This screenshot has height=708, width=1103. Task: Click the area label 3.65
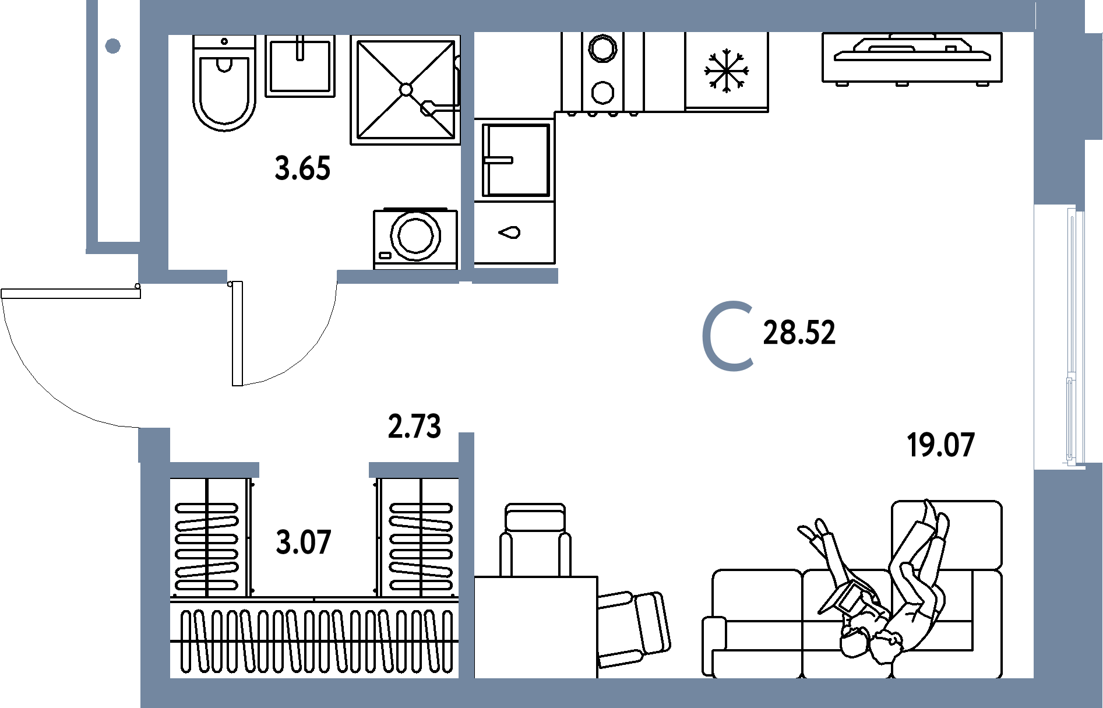[x=302, y=170]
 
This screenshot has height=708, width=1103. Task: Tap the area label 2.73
[x=414, y=427]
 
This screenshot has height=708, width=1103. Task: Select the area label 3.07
[x=303, y=543]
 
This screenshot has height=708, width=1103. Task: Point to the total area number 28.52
[x=799, y=333]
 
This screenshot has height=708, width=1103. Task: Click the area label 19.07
[x=940, y=446]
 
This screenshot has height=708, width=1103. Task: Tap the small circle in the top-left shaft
[x=113, y=45]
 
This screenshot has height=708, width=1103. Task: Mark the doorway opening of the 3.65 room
[x=282, y=276]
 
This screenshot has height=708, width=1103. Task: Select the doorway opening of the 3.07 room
[x=313, y=470]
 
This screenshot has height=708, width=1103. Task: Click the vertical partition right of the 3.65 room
[x=467, y=152]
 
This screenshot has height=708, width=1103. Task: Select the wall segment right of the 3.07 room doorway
[x=414, y=470]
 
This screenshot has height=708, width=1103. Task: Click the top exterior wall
[x=583, y=16]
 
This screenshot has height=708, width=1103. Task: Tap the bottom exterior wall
[x=583, y=693]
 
